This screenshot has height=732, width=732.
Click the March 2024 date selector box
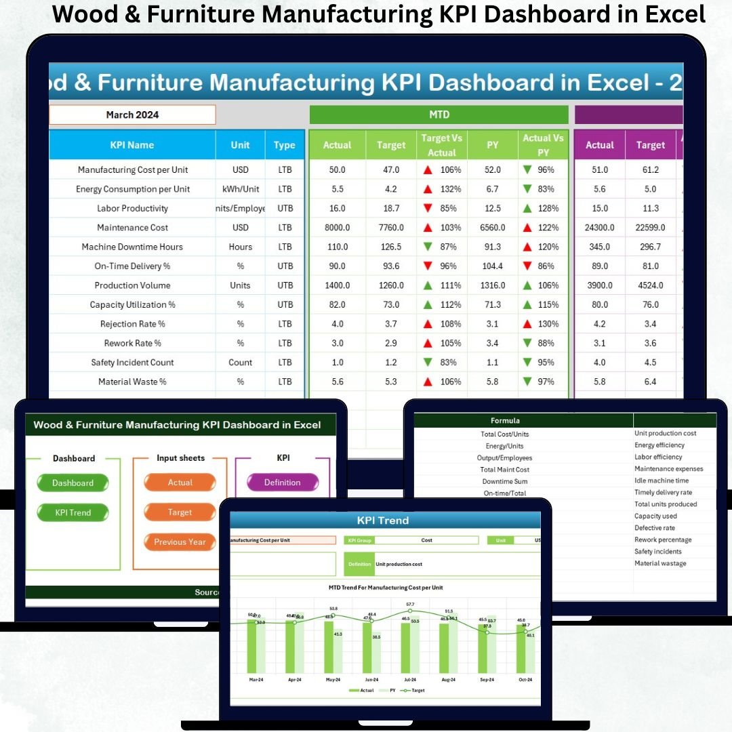pos(132,115)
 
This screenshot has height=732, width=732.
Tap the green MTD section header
pos(439,115)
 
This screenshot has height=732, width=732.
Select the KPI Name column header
pos(132,145)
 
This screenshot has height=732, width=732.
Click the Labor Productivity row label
pos(132,208)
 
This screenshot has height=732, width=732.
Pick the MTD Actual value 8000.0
pos(337,228)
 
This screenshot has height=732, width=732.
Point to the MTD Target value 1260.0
pos(391,285)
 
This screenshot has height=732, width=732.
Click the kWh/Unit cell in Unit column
pos(240,189)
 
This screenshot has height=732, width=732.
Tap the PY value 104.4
pos(493,266)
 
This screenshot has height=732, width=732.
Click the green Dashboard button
pos(73,483)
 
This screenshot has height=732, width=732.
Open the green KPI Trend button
pos(73,512)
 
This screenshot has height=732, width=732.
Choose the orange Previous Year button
pos(180,542)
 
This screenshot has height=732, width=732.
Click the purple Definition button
pos(282,483)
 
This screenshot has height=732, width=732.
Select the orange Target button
pos(180,512)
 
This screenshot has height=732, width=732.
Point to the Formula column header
pos(505,421)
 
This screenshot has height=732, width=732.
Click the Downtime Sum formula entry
pos(504,481)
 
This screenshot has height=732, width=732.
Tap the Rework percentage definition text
pos(663,540)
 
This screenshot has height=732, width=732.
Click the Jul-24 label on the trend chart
pos(409,679)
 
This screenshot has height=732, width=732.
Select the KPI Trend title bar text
pos(383,521)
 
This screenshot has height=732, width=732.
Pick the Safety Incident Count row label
pos(132,363)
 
